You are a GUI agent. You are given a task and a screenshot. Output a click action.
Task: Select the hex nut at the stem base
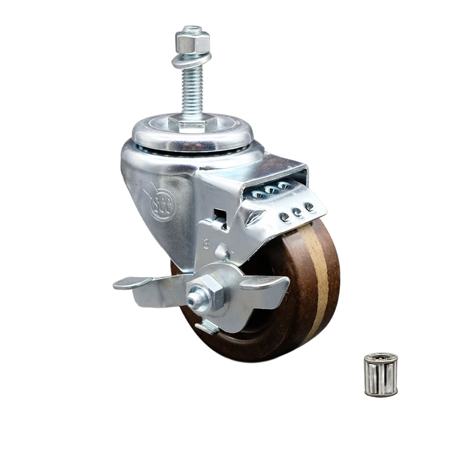point(193,123)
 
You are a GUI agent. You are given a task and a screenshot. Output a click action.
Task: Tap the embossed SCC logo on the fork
point(161,204)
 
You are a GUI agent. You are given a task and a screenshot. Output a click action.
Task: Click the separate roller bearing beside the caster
point(381,374)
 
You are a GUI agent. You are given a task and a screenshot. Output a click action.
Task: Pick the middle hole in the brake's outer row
point(297,212)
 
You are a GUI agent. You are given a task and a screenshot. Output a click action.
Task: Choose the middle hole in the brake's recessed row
point(271,190)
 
